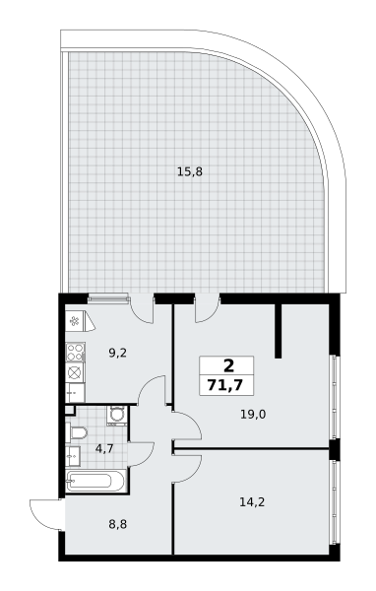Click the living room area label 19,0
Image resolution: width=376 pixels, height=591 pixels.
(253, 415)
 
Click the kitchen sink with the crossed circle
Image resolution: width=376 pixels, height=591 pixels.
(75, 371)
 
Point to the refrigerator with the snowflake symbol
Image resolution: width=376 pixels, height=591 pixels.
(75, 321)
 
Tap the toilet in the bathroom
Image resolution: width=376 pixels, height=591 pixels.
(76, 433)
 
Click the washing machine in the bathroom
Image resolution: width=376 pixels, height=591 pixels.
(116, 415)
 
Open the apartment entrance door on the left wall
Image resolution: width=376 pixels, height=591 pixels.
(45, 513)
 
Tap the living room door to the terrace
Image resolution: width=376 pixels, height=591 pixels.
(208, 308)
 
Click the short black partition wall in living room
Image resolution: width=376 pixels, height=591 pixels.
(280, 330)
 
